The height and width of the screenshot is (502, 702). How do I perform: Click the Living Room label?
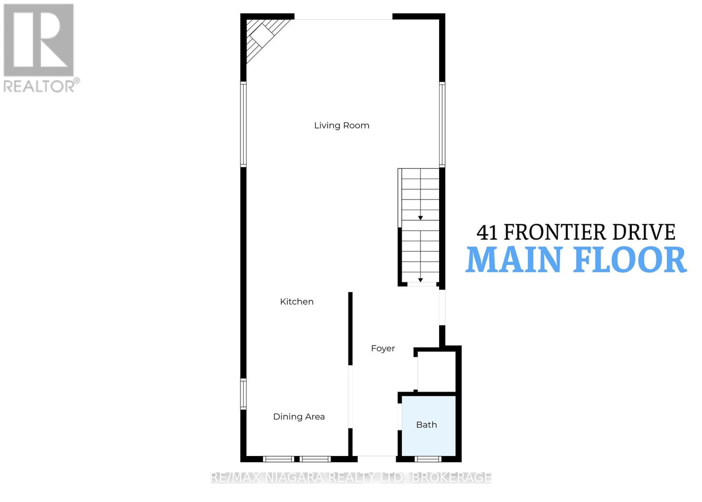point(341,125)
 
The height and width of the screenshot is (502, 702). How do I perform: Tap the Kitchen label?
point(297,302)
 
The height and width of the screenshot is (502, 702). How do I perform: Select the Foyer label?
point(383,349)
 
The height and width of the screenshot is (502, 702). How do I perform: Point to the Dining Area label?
point(299,417)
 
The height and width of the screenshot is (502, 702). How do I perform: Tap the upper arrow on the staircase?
point(420,218)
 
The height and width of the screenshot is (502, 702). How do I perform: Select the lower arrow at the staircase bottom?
point(420,280)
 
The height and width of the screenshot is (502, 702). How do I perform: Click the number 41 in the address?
point(487,232)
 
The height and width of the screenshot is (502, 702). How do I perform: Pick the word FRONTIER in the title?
point(554,232)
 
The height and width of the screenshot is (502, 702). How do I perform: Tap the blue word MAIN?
point(513,260)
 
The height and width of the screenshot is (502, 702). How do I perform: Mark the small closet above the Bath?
point(437,370)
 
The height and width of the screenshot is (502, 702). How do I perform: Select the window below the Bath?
point(428,459)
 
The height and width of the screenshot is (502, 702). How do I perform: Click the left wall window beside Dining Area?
point(243,393)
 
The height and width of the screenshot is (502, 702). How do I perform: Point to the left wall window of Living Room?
point(243,124)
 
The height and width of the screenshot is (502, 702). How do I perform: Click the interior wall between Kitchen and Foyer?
point(350,329)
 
